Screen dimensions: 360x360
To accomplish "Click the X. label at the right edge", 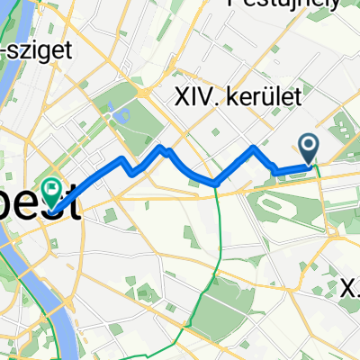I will [x=351, y=288].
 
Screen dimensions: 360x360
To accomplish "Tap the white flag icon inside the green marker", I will [x=55, y=188].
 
